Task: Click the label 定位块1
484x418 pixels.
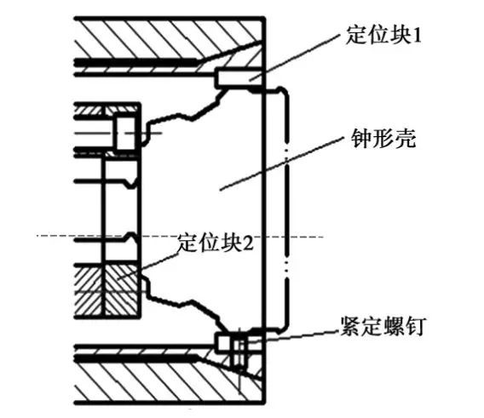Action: (x=383, y=35)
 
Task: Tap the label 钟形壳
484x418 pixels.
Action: (x=383, y=139)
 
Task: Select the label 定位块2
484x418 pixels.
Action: (x=216, y=242)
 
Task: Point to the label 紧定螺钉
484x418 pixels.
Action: (x=383, y=326)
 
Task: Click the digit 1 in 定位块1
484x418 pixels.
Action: (x=417, y=36)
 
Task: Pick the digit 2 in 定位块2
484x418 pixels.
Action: (x=249, y=243)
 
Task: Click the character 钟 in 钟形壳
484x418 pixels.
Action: (x=361, y=139)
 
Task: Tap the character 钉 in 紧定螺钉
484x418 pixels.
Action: (x=416, y=326)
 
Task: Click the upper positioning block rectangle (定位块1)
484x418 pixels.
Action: (x=239, y=77)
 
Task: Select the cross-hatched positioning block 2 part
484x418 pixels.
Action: (x=122, y=290)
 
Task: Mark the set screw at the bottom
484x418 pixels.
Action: (x=239, y=352)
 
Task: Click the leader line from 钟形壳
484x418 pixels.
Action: (x=281, y=163)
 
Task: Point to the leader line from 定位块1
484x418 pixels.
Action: (x=294, y=58)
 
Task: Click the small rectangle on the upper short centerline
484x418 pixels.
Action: (x=125, y=134)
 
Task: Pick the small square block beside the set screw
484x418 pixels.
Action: (x=224, y=342)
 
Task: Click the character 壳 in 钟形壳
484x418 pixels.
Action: (x=405, y=139)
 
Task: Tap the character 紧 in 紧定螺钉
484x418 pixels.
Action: (x=350, y=326)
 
